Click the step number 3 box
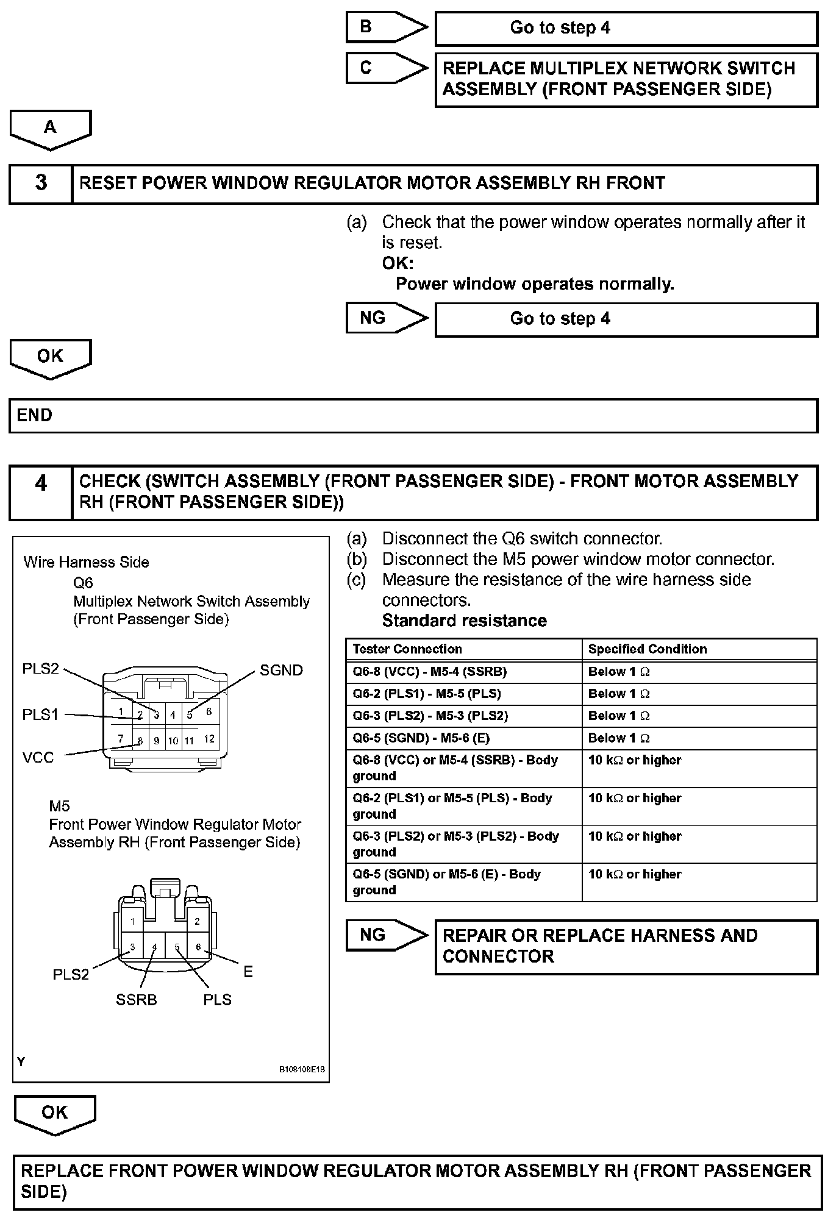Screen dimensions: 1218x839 tap(41, 183)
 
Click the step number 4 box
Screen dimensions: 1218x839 tap(41, 492)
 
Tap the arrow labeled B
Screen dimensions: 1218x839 tap(387, 27)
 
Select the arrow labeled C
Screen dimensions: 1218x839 tap(387, 68)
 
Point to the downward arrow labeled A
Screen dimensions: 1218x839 tap(51, 129)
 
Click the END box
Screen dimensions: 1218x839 tap(413, 416)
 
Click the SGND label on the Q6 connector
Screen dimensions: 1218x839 tap(281, 671)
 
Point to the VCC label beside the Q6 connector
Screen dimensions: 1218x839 tap(38, 758)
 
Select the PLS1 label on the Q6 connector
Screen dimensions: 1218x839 tap(40, 714)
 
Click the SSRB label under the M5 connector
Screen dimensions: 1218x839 tap(137, 1000)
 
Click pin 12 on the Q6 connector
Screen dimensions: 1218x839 tap(209, 739)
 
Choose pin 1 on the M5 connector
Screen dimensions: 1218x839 tap(132, 921)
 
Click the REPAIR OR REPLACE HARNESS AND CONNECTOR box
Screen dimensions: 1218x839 tap(626, 946)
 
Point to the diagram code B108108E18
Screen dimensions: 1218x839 tap(302, 1069)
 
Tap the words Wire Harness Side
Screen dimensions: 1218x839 tap(86, 562)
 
